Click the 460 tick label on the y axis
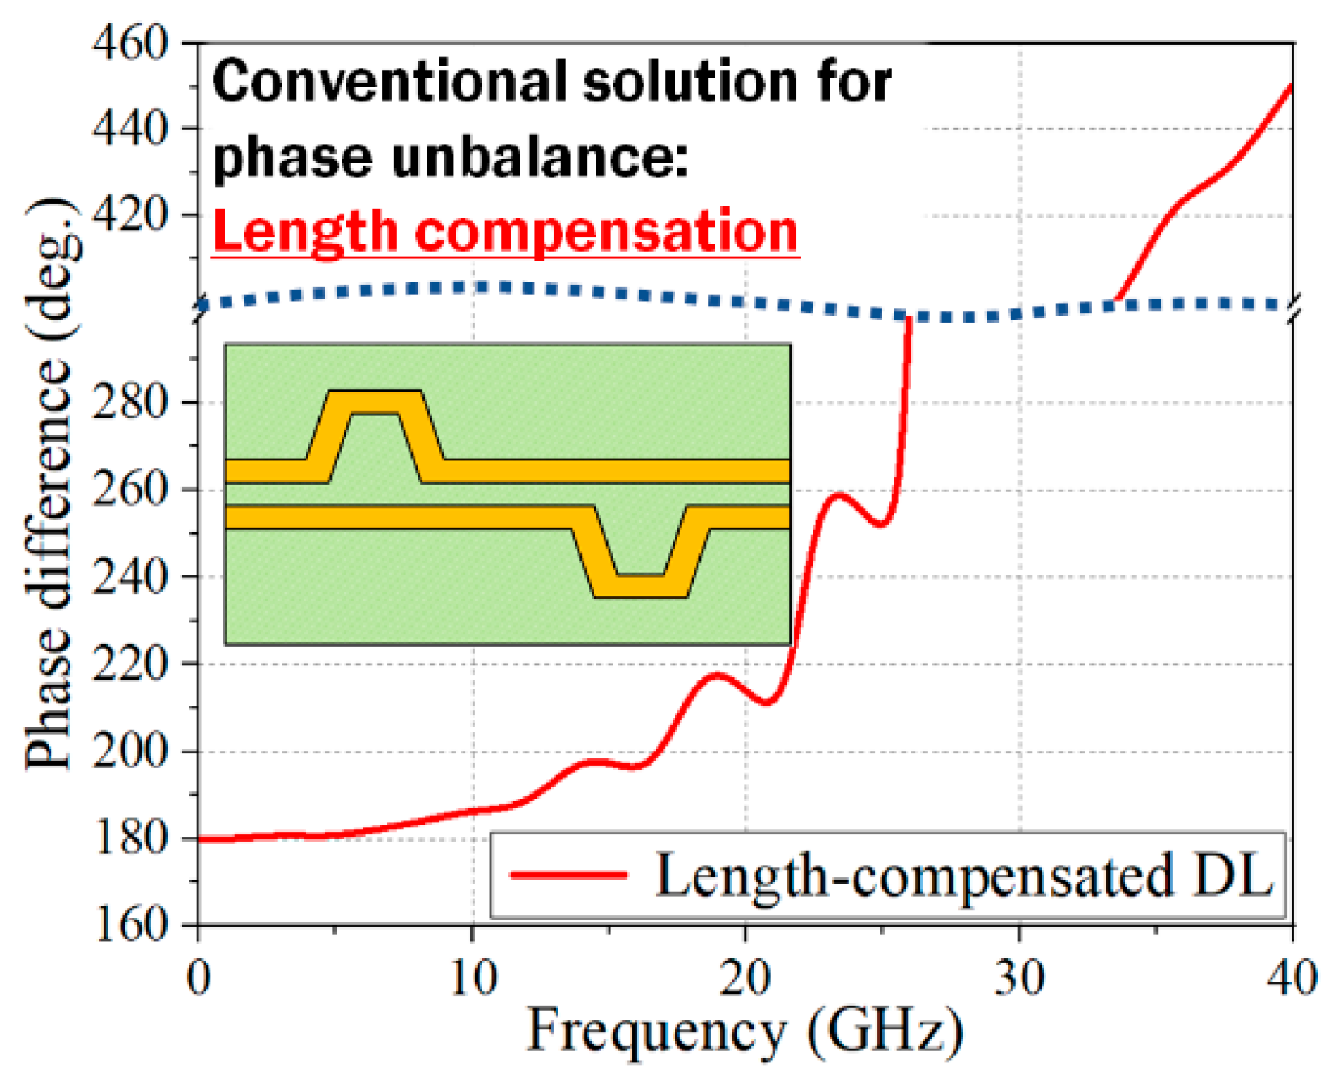point(129,42)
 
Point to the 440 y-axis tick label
point(129,128)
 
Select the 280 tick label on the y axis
point(129,401)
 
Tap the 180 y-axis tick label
point(129,838)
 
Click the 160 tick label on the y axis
point(129,923)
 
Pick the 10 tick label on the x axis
point(472,978)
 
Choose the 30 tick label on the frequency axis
point(1019,978)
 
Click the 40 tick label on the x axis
point(1292,978)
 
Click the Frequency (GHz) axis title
point(745,1032)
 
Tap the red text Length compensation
point(506,232)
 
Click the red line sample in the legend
point(568,874)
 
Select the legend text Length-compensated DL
point(963,876)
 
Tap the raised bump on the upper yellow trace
point(375,402)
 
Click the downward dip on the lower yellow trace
point(640,586)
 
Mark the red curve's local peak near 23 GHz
point(839,494)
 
